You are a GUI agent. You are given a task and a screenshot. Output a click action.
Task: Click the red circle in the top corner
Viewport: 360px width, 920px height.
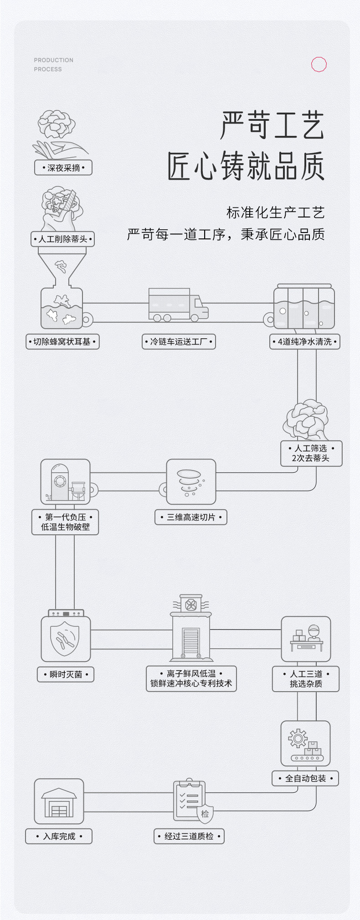[x=319, y=64]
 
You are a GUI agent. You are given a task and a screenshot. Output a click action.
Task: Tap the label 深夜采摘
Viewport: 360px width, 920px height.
[x=63, y=168]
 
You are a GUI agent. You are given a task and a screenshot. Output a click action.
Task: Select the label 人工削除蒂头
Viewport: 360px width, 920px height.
[x=63, y=239]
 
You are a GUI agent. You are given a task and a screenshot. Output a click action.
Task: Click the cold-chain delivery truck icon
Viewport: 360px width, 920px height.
[x=178, y=305]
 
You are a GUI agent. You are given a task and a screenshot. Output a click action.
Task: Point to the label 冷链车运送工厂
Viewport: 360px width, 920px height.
[x=179, y=341]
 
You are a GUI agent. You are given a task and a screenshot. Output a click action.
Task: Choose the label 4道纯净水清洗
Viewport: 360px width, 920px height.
[x=305, y=341]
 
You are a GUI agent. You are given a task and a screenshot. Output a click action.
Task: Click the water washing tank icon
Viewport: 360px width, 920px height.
[x=304, y=307]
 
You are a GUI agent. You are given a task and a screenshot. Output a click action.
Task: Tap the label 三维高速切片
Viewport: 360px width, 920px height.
[x=191, y=517]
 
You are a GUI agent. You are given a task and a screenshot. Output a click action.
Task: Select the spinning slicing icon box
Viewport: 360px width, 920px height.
[x=191, y=481]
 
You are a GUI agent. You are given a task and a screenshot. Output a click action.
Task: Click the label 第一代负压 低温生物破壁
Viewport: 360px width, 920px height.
[x=65, y=522]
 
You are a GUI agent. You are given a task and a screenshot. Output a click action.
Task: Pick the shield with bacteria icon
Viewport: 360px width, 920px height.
[x=66, y=639]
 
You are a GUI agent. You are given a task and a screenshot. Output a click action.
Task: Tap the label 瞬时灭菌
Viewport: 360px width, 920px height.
[x=66, y=674]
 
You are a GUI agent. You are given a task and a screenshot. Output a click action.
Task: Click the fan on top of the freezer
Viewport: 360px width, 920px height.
[x=191, y=605]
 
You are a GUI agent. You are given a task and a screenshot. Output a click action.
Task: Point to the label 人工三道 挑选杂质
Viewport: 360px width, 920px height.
[x=306, y=679]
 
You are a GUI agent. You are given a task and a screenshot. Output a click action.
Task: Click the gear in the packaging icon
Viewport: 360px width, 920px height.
[x=298, y=738]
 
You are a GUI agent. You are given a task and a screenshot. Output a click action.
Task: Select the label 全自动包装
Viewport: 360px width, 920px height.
[x=305, y=778]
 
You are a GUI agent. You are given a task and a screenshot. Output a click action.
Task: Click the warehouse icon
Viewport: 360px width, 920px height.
[x=59, y=801]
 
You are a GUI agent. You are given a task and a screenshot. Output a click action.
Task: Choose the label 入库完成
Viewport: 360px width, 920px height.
[x=59, y=836]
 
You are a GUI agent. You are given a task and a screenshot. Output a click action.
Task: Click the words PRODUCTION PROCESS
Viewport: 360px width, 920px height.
[x=53, y=65]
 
